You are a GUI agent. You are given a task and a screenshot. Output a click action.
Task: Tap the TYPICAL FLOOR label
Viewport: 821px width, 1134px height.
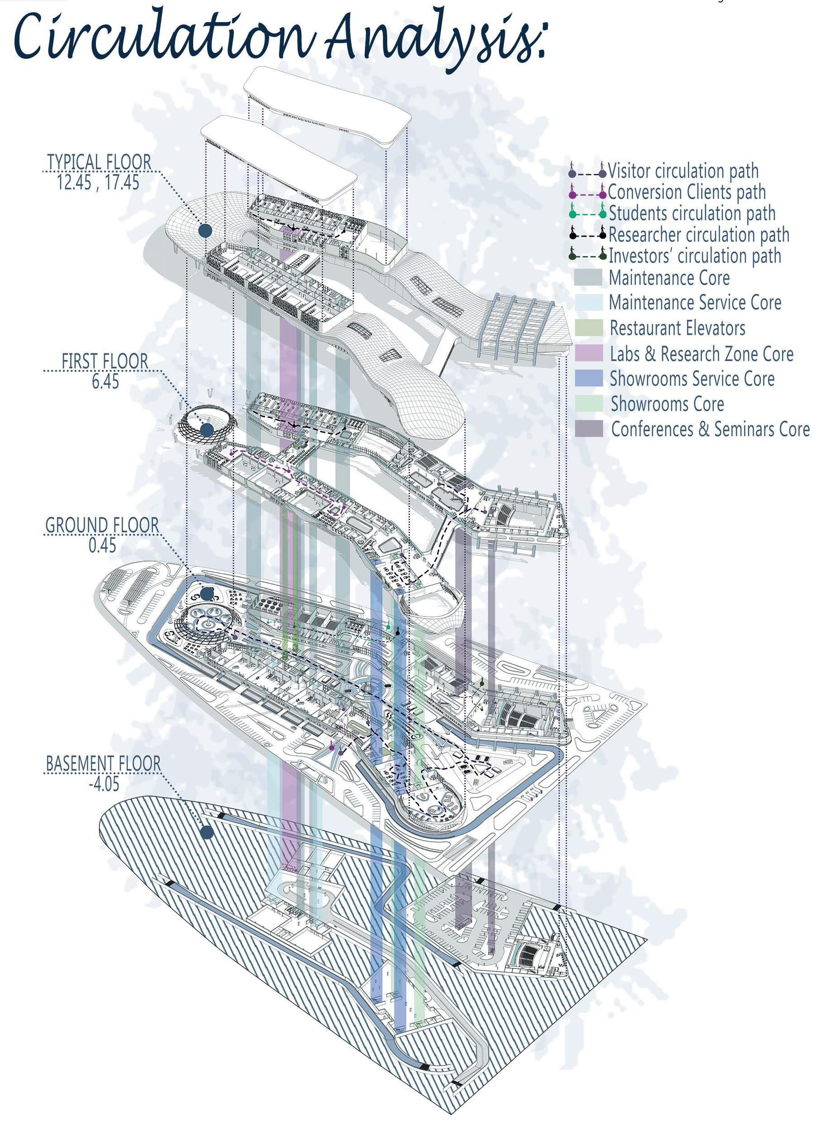click(99, 162)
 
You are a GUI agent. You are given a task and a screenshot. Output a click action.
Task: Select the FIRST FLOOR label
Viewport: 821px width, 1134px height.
click(104, 361)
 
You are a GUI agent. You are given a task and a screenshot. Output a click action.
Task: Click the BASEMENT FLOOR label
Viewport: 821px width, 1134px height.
click(104, 764)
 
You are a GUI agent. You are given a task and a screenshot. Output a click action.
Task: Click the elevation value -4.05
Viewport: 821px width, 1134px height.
click(104, 783)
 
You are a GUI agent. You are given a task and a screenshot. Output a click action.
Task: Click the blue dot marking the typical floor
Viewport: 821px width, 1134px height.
click(205, 231)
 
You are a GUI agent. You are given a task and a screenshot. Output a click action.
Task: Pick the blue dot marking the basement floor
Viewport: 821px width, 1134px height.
click(207, 832)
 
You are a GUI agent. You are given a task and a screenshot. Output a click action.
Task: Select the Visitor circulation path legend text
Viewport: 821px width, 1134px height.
click(683, 171)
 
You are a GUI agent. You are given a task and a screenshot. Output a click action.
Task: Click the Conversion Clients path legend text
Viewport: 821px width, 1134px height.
click(687, 192)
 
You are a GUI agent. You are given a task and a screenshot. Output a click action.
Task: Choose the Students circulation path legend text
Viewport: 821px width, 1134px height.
click(692, 214)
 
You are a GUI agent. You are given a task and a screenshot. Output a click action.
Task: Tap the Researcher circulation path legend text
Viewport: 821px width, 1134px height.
click(698, 234)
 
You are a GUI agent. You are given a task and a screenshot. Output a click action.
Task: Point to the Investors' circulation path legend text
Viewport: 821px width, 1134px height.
click(694, 256)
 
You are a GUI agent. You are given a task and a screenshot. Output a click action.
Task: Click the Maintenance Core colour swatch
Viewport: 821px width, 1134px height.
click(588, 277)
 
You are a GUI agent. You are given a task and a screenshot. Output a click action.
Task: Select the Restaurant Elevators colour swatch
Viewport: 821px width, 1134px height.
click(589, 328)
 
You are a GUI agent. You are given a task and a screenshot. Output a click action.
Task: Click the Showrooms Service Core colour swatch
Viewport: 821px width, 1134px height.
click(589, 379)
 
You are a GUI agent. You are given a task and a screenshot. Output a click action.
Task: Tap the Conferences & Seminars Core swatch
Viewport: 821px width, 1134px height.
click(589, 429)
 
